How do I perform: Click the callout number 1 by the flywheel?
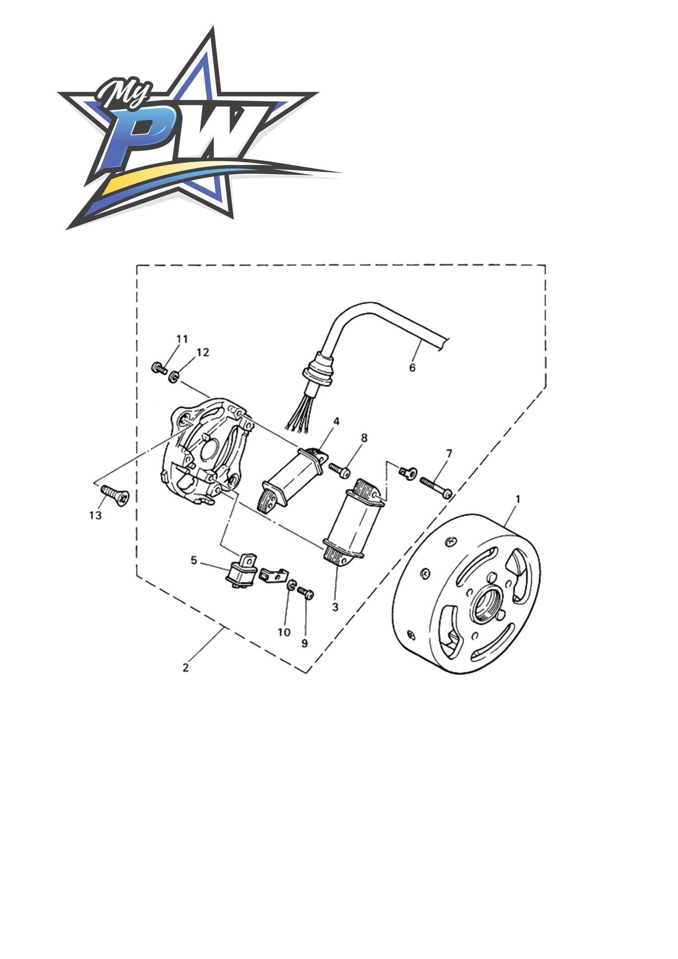point(518,499)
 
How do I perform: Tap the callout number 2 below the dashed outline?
point(185,667)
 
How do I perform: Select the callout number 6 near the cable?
point(412,368)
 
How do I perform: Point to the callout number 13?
point(95,515)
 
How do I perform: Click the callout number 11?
point(182,339)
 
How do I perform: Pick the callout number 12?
point(203,352)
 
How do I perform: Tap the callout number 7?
point(449,453)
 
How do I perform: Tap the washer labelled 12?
point(173,376)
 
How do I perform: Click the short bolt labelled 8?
point(339,470)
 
